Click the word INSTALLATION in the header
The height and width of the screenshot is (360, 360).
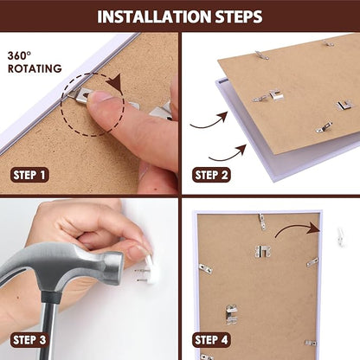tap(154, 16)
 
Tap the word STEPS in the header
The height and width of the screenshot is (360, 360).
tap(239, 16)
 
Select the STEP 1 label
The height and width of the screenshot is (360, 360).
tap(29, 175)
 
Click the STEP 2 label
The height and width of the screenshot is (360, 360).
tap(211, 175)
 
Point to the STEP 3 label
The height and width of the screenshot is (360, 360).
tap(29, 340)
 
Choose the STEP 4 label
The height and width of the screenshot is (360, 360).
tap(211, 340)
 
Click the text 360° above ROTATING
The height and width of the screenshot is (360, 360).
tap(19, 55)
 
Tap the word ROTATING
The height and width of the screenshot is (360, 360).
tap(35, 68)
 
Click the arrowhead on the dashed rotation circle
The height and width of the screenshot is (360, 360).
tap(115, 82)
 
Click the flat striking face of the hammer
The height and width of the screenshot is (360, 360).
tap(119, 268)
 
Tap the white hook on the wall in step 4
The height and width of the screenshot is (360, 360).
tap(341, 237)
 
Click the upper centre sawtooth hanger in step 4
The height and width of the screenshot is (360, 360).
tap(263, 251)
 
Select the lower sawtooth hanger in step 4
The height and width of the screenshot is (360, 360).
tap(231, 314)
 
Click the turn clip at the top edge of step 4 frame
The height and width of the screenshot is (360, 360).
tap(262, 222)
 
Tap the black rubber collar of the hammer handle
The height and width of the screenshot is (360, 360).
tap(49, 297)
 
